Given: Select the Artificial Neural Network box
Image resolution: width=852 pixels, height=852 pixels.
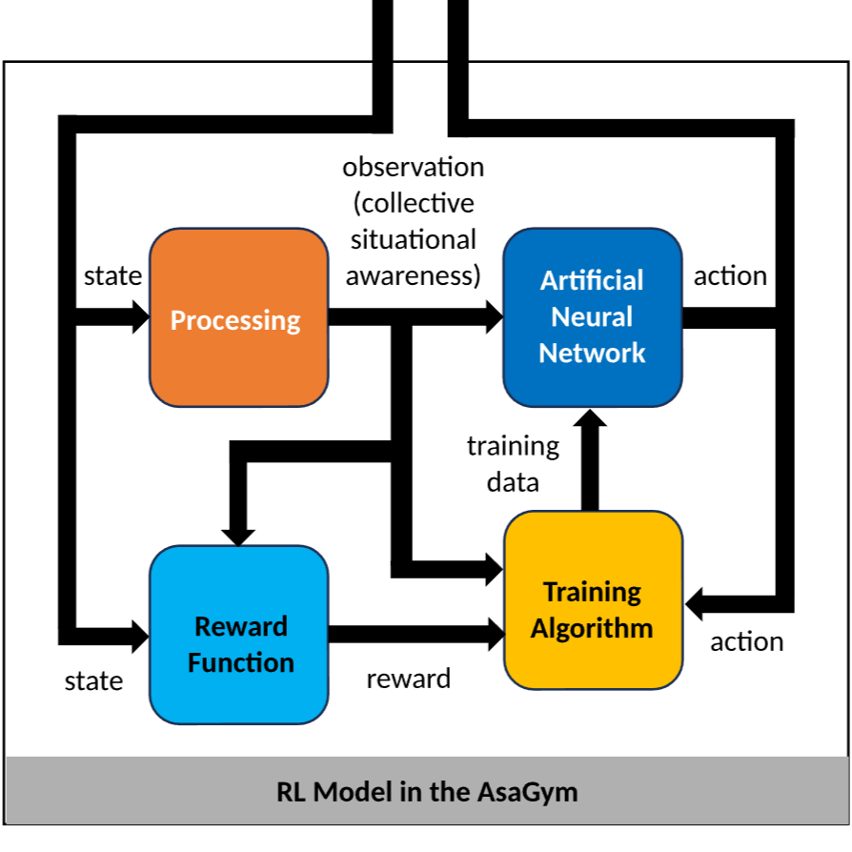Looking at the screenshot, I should [x=592, y=317].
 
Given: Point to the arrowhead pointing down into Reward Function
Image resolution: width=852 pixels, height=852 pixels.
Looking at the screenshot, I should [x=236, y=534].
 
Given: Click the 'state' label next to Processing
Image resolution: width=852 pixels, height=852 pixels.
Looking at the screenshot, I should [x=112, y=276].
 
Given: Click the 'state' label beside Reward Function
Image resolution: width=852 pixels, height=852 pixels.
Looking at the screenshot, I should [x=93, y=680].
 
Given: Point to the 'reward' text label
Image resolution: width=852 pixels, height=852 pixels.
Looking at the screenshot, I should [x=408, y=679].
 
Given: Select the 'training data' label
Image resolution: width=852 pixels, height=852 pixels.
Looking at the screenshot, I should [x=513, y=464].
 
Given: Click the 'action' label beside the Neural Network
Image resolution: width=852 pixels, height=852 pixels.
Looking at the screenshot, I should [x=730, y=276].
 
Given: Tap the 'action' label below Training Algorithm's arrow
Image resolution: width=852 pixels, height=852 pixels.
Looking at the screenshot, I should [x=746, y=641].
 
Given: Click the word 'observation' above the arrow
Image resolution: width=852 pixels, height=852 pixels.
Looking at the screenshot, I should [x=413, y=167].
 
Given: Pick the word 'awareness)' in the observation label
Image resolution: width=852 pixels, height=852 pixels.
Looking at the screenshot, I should [x=413, y=275].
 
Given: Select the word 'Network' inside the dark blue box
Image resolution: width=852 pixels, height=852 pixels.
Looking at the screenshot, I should [x=592, y=354].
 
